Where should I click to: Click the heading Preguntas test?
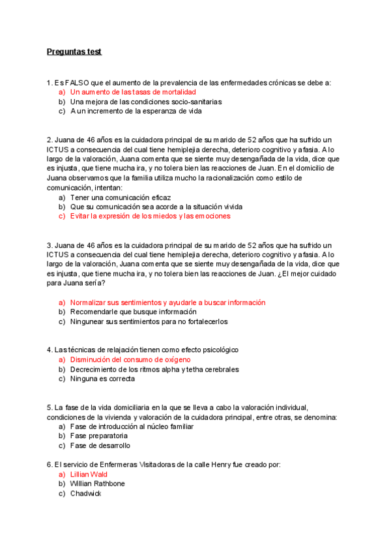(x=74, y=52)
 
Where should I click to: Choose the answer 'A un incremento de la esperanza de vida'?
(x=136, y=111)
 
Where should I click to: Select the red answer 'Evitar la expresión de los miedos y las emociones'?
(x=150, y=216)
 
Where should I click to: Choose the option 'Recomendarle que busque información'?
(x=136, y=312)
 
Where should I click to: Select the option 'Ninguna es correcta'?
(x=102, y=378)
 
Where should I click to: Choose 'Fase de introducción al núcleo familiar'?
(x=132, y=426)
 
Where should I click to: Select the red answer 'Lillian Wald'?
(x=89, y=475)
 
